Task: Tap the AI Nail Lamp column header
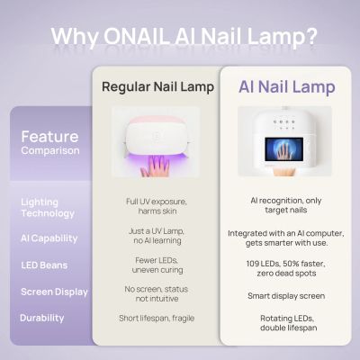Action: click(286, 87)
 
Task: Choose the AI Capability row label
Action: click(49, 238)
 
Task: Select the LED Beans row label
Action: click(44, 265)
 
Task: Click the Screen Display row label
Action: click(54, 292)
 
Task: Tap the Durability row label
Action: click(42, 318)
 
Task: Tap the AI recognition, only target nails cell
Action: click(286, 208)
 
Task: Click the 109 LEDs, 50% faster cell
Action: click(286, 267)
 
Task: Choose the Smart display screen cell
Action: click(286, 295)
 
